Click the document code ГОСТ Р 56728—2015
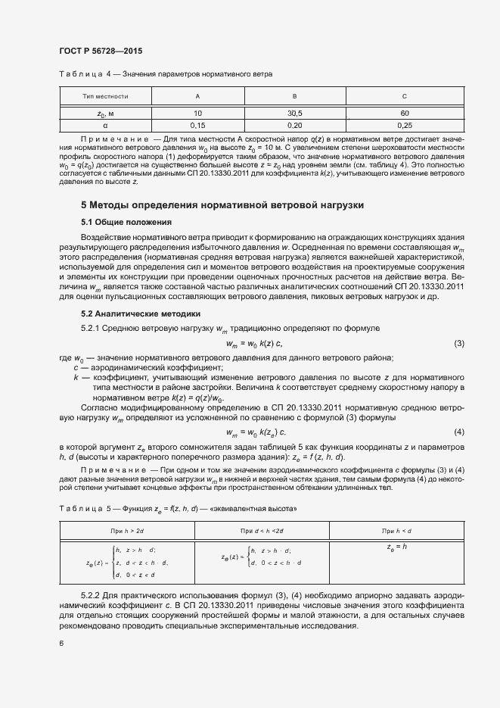101,51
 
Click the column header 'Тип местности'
104,97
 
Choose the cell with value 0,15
198,125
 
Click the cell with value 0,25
404,125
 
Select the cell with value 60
404,113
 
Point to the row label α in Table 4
104,125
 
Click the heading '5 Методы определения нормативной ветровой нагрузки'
222,205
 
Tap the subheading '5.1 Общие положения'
126,222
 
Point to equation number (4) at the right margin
458,432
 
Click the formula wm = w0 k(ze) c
256,432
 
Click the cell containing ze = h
396,546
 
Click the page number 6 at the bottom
61,643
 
